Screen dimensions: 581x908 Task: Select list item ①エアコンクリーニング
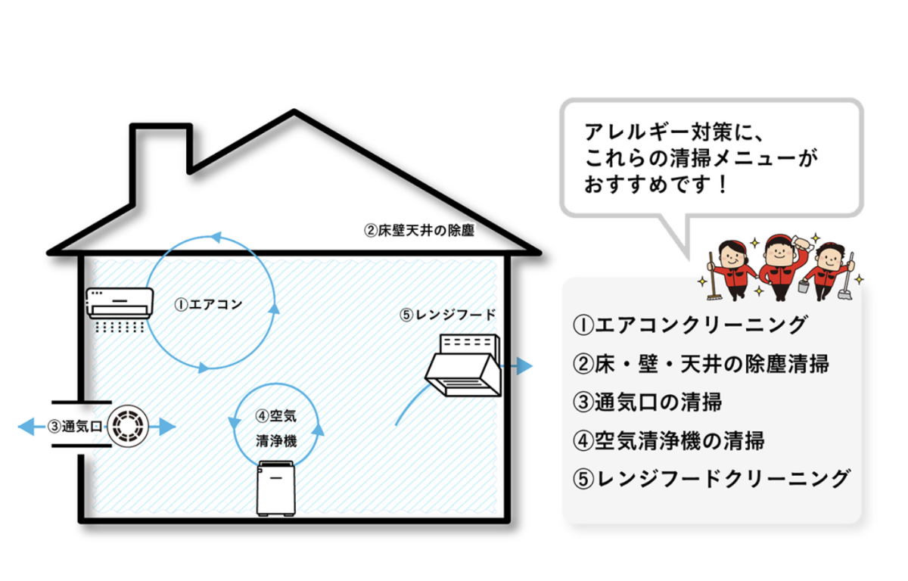(x=689, y=325)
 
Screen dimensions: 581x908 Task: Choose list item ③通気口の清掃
(x=648, y=401)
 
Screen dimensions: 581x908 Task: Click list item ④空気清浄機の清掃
(x=669, y=440)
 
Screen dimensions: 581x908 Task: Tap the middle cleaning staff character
(x=779, y=265)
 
